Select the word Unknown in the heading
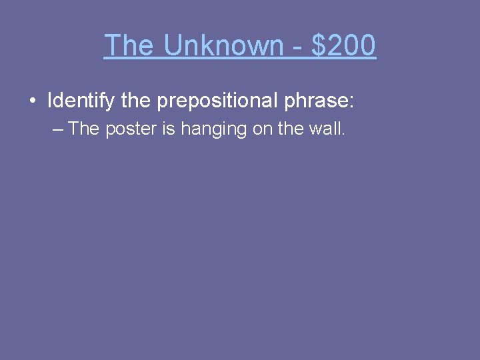(x=223, y=45)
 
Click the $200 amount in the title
(x=343, y=45)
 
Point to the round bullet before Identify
(x=32, y=101)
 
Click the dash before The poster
(x=58, y=129)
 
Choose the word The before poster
(x=83, y=129)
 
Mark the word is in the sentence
(x=169, y=129)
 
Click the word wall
(x=327, y=129)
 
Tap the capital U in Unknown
(x=172, y=45)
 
